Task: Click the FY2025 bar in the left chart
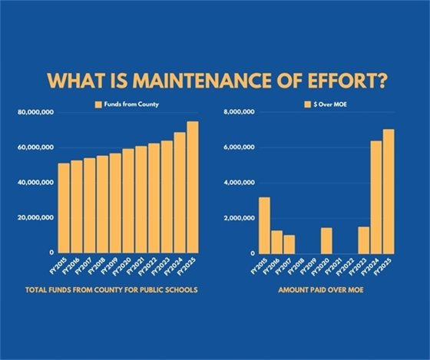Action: [192, 187]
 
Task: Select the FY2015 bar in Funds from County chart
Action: [64, 208]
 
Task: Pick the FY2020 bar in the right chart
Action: [326, 240]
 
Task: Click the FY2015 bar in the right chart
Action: [264, 226]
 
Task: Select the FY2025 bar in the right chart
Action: [389, 191]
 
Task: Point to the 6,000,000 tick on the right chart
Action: [240, 148]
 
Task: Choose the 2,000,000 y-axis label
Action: [240, 218]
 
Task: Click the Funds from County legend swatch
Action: [98, 104]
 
